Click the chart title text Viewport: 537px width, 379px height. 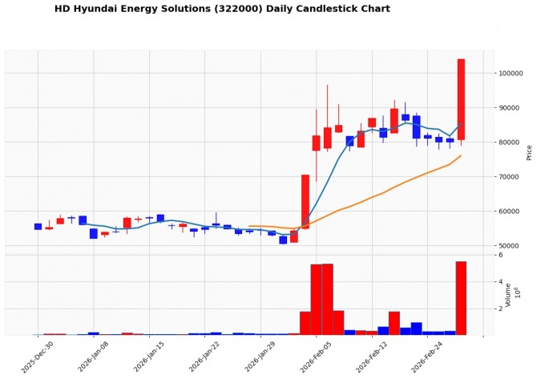click(x=222, y=9)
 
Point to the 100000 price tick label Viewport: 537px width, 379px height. click(x=512, y=74)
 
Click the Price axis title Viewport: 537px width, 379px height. click(x=529, y=151)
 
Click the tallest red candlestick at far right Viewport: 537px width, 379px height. click(x=461, y=99)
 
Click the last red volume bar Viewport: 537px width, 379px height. click(x=461, y=297)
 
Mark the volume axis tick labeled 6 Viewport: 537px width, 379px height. click(x=500, y=255)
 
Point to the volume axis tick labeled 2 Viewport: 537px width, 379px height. click(x=500, y=308)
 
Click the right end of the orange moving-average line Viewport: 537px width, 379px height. click(x=461, y=155)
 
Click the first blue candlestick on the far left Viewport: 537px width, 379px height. click(x=38, y=227)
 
